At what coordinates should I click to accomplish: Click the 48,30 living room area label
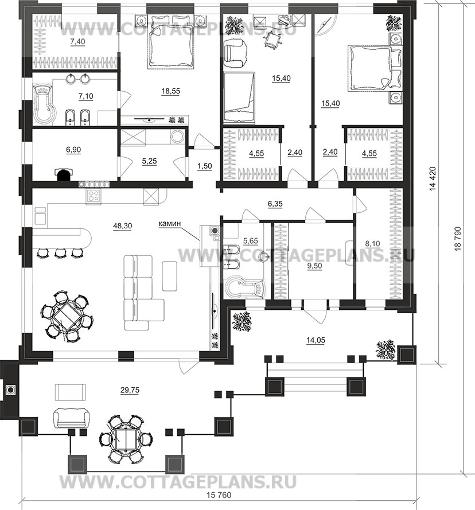122,225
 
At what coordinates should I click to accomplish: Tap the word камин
169,224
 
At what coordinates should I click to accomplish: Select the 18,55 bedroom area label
170,91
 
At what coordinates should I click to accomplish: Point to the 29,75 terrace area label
130,390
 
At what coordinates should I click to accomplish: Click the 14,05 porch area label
316,340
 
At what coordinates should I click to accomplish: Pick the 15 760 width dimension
219,495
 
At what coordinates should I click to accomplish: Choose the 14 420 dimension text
433,179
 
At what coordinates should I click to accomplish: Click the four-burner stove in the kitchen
94,196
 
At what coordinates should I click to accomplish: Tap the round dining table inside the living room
67,315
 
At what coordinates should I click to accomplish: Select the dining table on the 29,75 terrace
126,439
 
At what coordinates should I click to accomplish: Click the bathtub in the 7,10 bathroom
44,105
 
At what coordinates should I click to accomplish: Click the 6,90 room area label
73,150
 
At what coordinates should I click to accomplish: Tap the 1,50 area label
204,166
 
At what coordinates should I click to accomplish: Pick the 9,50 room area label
314,266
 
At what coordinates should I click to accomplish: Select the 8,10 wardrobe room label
372,243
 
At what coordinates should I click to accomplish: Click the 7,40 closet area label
77,42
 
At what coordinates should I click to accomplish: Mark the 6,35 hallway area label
275,204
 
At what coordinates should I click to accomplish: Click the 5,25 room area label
149,161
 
